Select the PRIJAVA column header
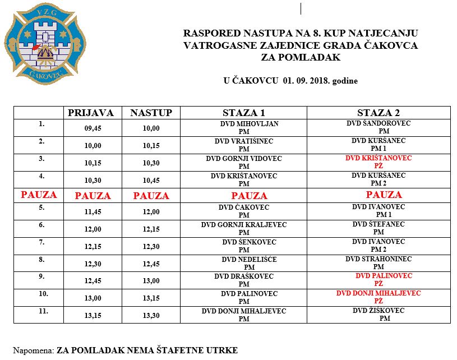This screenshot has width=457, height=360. point(90,113)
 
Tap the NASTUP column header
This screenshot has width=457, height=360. point(151,113)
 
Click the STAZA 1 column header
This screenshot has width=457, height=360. point(243,113)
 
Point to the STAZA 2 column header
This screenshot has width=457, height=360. point(378,113)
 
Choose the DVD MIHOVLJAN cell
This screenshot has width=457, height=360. point(243,127)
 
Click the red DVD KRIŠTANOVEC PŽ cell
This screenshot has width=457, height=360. point(378,162)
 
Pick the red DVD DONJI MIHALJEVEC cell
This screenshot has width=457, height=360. point(378,297)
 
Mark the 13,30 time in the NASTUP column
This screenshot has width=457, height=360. point(151,316)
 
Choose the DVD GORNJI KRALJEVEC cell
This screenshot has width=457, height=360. point(244,228)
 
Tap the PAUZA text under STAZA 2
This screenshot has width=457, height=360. point(384,195)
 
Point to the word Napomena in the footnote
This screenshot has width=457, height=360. point(33,350)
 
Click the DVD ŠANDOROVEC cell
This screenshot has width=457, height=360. point(378,127)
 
